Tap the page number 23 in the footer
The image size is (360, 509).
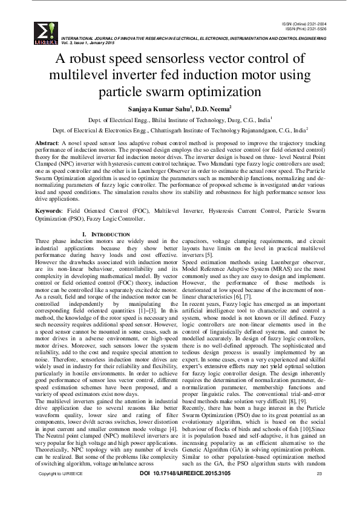pyautogui.click(x=319, y=490)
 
